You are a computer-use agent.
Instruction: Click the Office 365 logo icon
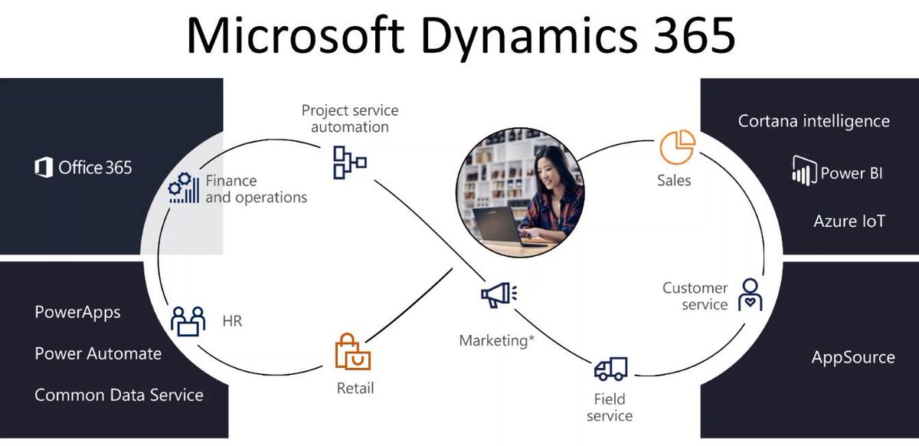44,167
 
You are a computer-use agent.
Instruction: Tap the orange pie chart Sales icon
678,147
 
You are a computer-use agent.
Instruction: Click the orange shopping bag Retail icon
353,353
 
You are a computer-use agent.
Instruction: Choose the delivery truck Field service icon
610,369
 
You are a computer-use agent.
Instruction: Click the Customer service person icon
750,294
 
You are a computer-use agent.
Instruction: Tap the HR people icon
188,320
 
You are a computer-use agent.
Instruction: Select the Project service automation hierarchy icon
348,162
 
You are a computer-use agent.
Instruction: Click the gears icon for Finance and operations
184,188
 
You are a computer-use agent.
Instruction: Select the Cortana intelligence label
813,121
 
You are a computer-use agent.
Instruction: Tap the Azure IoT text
849,221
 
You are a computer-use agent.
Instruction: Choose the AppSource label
852,357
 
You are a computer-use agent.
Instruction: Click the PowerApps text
77,313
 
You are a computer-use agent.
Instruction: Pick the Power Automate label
98,353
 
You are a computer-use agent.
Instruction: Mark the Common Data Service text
119,395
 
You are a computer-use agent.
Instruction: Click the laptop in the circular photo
496,227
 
